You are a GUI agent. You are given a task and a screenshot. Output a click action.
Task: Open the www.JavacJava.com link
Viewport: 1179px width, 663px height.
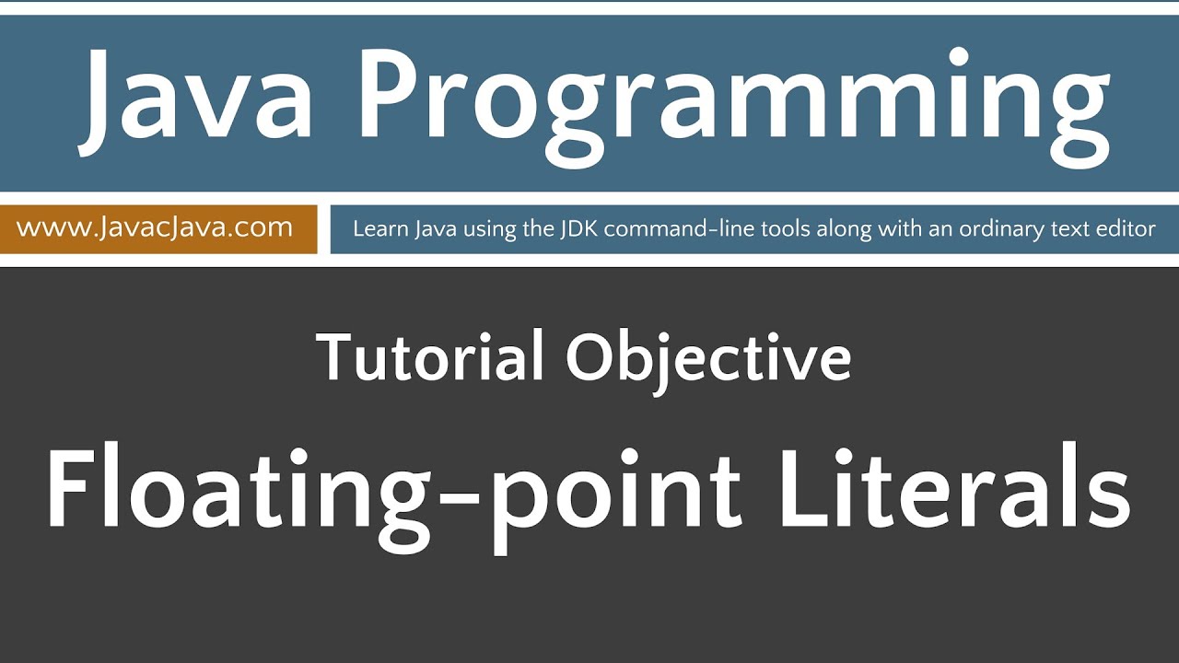coord(155,227)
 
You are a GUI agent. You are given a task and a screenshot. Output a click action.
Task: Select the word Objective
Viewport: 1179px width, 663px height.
coord(708,359)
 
